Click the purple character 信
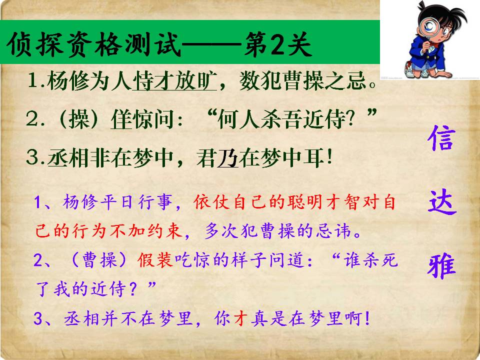pyautogui.click(x=441, y=138)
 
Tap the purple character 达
pyautogui.click(x=442, y=201)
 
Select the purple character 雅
pyautogui.click(x=441, y=265)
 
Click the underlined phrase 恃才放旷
pyautogui.click(x=174, y=81)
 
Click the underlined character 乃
pyautogui.click(x=228, y=158)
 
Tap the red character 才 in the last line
pyautogui.click(x=240, y=318)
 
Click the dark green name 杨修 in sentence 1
pyautogui.click(x=68, y=81)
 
